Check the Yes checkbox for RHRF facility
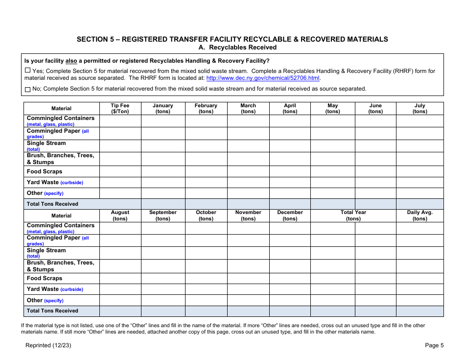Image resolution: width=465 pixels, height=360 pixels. (x=27, y=71)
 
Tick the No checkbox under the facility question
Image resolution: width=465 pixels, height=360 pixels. (x=27, y=89)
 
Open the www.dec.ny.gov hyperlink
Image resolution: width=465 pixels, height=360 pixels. (x=263, y=78)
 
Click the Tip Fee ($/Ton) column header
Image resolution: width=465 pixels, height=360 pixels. (x=120, y=108)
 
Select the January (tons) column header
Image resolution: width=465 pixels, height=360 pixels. (x=163, y=108)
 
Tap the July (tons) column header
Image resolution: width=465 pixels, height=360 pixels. (x=419, y=108)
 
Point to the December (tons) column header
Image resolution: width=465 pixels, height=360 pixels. (x=290, y=216)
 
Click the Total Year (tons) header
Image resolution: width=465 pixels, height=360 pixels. (x=353, y=216)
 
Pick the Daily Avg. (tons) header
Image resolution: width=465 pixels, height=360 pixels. (x=419, y=216)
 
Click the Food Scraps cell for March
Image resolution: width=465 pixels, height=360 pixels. (x=248, y=171)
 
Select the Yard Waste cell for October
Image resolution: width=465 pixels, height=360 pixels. (x=206, y=289)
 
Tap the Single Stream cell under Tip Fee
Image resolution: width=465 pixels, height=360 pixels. (x=120, y=146)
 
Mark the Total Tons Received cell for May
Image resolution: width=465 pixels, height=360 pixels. (x=332, y=204)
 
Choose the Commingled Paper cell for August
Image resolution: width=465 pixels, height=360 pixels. (x=120, y=240)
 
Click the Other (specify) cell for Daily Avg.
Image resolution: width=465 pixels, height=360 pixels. (x=419, y=300)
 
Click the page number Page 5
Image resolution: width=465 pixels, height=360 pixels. (x=434, y=345)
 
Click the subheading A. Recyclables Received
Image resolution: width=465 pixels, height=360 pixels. (x=237, y=48)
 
